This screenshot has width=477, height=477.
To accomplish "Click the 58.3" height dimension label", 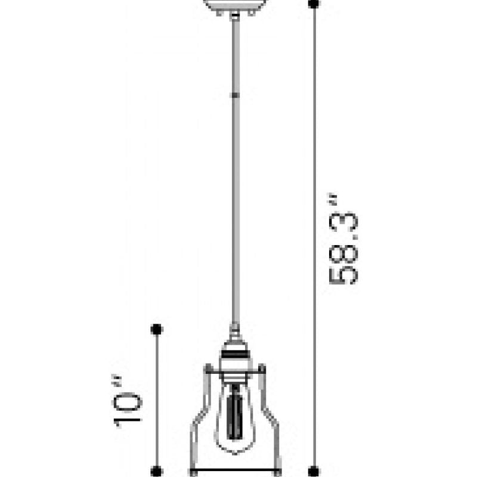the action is tap(343, 239).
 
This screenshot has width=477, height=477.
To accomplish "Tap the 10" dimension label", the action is tap(127, 402).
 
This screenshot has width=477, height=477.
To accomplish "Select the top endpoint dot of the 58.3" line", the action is tap(314, 4).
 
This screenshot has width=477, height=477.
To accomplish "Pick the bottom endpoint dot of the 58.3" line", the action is tap(314, 471).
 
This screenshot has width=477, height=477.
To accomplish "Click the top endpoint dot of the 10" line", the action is tap(157, 330).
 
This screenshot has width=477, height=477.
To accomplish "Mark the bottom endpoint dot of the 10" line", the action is tap(157, 471).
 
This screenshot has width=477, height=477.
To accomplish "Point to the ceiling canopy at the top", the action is tap(235, 5).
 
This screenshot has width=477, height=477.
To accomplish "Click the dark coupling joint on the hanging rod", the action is tap(235, 95).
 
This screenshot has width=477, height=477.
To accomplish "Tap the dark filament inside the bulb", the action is tap(234, 412).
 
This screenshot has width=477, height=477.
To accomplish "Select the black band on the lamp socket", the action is tap(235, 354).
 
